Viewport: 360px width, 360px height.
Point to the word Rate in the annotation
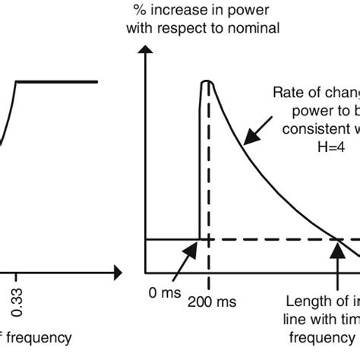(286, 93)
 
